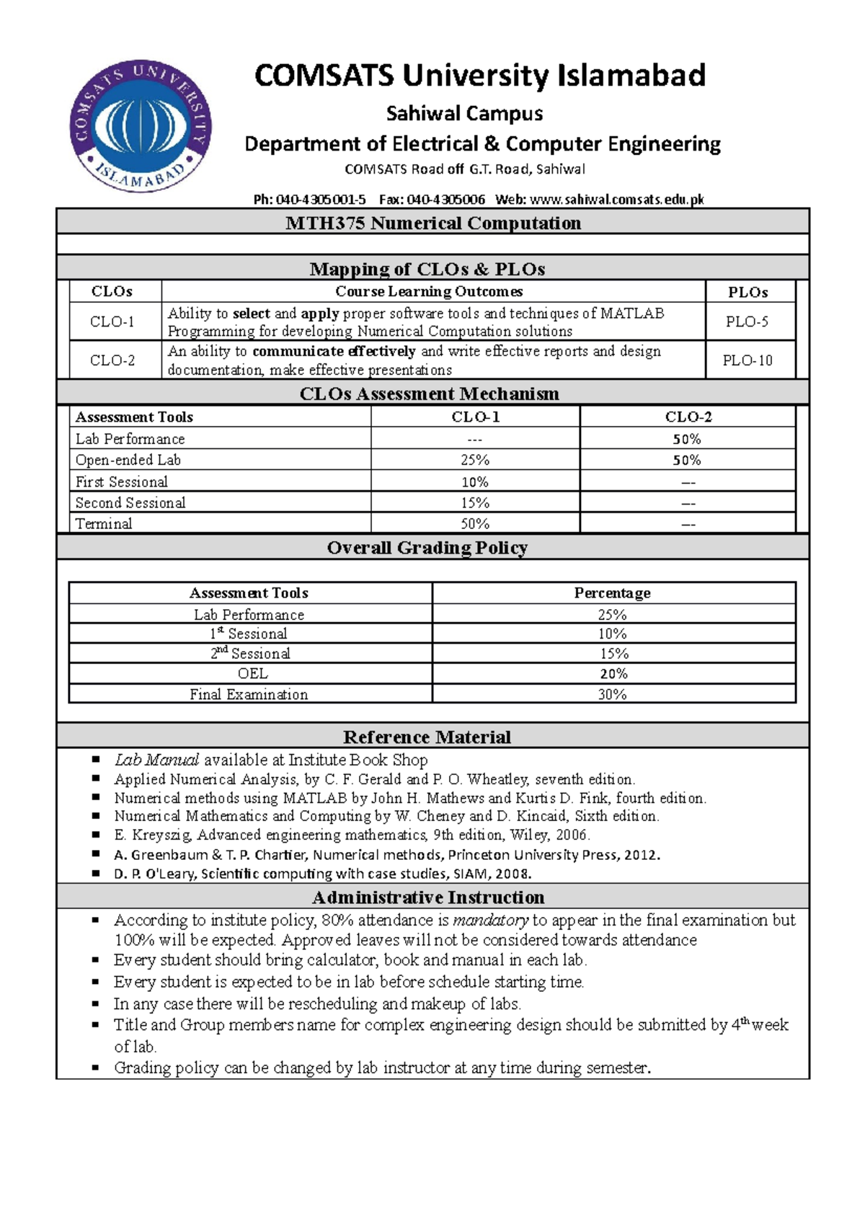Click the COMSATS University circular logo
[141, 126]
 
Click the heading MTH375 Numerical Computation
[433, 223]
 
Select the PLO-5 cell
[747, 321]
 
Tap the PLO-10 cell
[748, 360]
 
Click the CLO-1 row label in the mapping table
[112, 321]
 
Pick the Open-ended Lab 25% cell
[475, 460]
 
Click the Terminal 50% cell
[475, 523]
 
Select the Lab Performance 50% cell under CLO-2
[687, 439]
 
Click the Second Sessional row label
[130, 502]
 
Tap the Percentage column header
[612, 593]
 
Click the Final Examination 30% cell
[612, 694]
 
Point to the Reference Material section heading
[427, 737]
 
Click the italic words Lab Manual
[156, 760]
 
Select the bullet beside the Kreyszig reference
[96, 835]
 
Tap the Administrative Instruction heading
[428, 897]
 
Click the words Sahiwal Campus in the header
[464, 113]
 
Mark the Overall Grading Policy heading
[427, 548]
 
